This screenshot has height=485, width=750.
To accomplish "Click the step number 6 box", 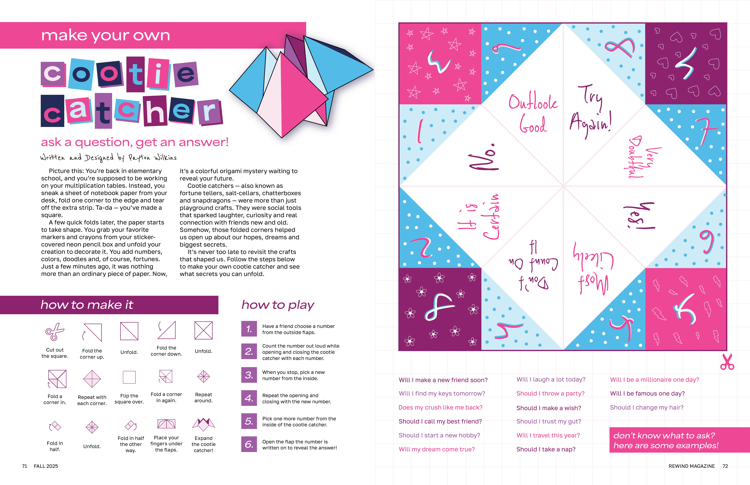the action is click(249, 444).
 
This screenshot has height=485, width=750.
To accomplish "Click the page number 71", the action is click(25, 466).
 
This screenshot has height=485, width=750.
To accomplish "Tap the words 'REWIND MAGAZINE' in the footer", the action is click(692, 466).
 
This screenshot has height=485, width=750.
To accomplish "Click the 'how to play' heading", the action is click(278, 305).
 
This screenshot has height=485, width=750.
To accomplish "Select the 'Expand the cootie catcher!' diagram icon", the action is click(204, 424).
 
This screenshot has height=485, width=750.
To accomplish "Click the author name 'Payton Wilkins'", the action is click(152, 157).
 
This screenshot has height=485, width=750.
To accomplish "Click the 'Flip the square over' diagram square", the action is click(129, 377).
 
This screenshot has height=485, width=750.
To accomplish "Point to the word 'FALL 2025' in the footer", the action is click(46, 466).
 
